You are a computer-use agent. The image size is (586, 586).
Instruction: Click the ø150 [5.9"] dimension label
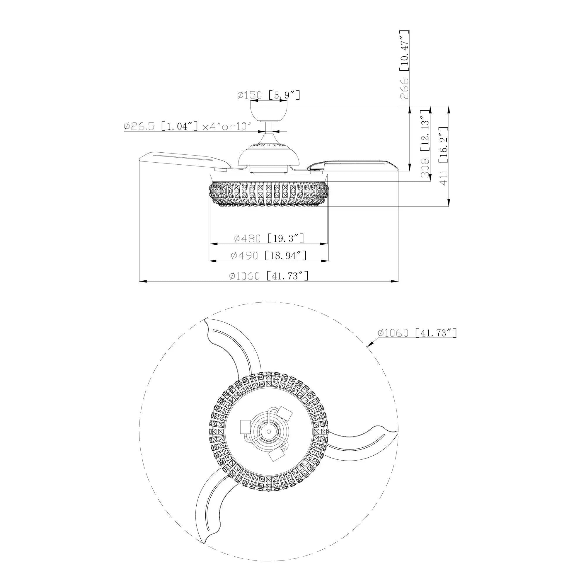[269, 95]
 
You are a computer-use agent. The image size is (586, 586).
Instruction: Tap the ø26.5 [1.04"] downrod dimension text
[188, 126]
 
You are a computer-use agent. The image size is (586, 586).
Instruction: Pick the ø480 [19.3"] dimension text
[269, 239]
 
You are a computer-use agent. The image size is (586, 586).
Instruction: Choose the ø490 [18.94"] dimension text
[269, 255]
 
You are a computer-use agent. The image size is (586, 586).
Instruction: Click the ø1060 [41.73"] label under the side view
[269, 276]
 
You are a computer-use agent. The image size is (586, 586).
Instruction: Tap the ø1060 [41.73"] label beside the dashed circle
[417, 333]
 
